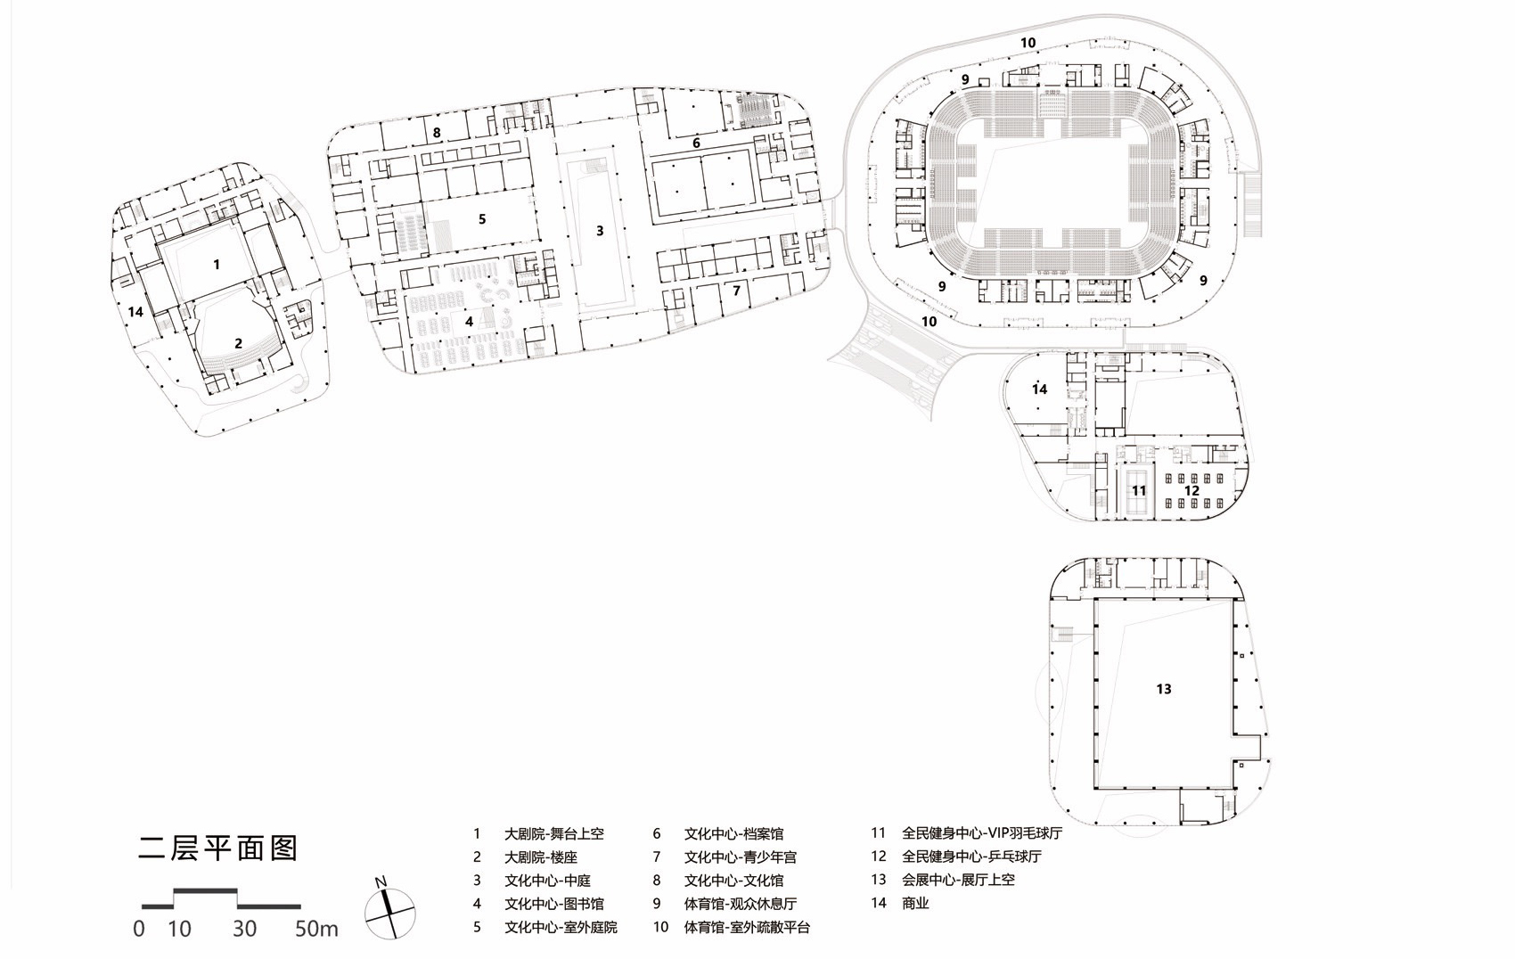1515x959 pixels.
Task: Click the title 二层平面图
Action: [x=218, y=847]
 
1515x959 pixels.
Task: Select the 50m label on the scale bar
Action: [x=316, y=929]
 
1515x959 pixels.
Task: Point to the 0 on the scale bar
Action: [x=138, y=929]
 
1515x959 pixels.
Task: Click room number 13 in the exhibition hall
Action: [x=1163, y=689]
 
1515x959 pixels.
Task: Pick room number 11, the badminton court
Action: [x=1139, y=490]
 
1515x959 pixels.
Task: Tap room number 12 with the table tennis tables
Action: [x=1192, y=490]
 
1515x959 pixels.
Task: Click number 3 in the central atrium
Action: [x=600, y=231]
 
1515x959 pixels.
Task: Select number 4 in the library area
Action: [x=469, y=321]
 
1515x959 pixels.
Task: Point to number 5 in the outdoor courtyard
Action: [x=482, y=218]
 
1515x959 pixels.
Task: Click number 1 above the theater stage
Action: [x=216, y=264]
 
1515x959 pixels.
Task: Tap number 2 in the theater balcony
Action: [x=238, y=343]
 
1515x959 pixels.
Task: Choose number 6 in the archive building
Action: [x=696, y=143]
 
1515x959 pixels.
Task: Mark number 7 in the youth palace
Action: [x=736, y=291]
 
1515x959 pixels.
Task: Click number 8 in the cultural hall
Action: [x=437, y=133]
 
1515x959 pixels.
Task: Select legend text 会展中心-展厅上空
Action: [x=958, y=880]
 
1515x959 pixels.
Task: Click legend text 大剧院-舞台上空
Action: [x=553, y=834]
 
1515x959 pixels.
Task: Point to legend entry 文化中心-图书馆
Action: [x=553, y=904]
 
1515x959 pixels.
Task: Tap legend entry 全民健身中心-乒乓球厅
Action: [x=971, y=857]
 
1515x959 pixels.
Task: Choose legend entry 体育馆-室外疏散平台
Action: [x=747, y=927]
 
